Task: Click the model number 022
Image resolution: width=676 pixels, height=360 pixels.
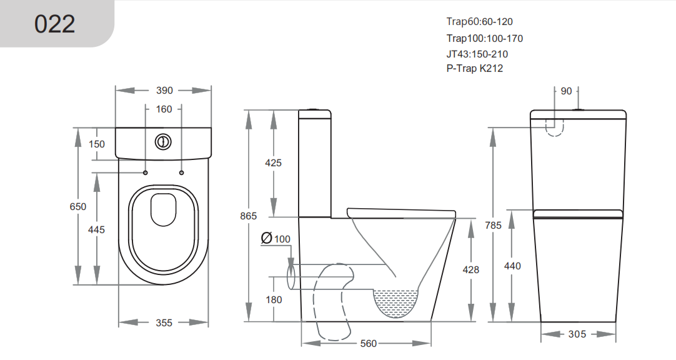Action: click(55, 24)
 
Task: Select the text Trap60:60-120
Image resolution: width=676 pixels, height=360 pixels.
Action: click(479, 22)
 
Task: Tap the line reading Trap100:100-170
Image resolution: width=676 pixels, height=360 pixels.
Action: click(484, 38)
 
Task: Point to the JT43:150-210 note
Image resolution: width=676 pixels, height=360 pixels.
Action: click(477, 54)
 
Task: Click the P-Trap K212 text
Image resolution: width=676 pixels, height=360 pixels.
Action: click(474, 69)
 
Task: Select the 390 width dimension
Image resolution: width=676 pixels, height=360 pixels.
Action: click(164, 91)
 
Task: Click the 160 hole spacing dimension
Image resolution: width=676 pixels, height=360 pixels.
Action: click(164, 109)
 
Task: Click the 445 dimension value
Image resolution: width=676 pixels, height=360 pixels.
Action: click(96, 229)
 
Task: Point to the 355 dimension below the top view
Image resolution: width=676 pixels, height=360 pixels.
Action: click(164, 322)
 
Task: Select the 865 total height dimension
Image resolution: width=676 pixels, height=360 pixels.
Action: click(249, 216)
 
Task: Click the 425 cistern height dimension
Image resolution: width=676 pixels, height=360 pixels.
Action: click(274, 163)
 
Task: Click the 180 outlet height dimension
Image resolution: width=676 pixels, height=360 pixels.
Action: click(274, 299)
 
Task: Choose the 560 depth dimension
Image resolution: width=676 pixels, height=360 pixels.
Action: click(369, 343)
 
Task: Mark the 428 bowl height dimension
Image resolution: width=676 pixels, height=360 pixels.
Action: click(470, 269)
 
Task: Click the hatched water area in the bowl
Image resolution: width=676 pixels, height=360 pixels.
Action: click(395, 302)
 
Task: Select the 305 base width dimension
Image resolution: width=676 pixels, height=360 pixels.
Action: click(577, 334)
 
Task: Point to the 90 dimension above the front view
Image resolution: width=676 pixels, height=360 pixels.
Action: click(566, 91)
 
